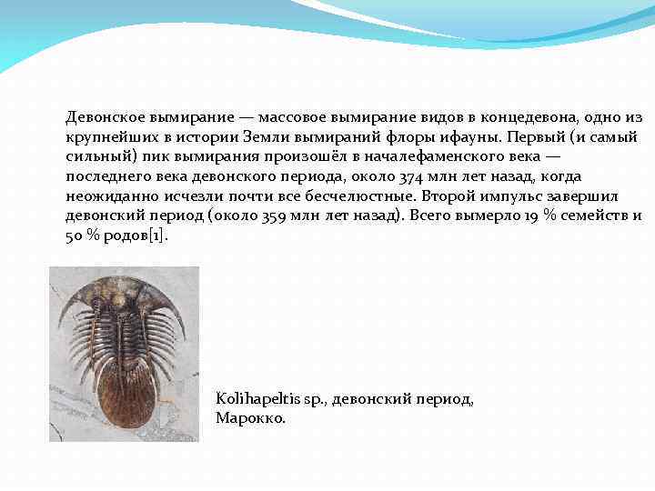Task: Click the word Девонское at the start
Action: (103, 117)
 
